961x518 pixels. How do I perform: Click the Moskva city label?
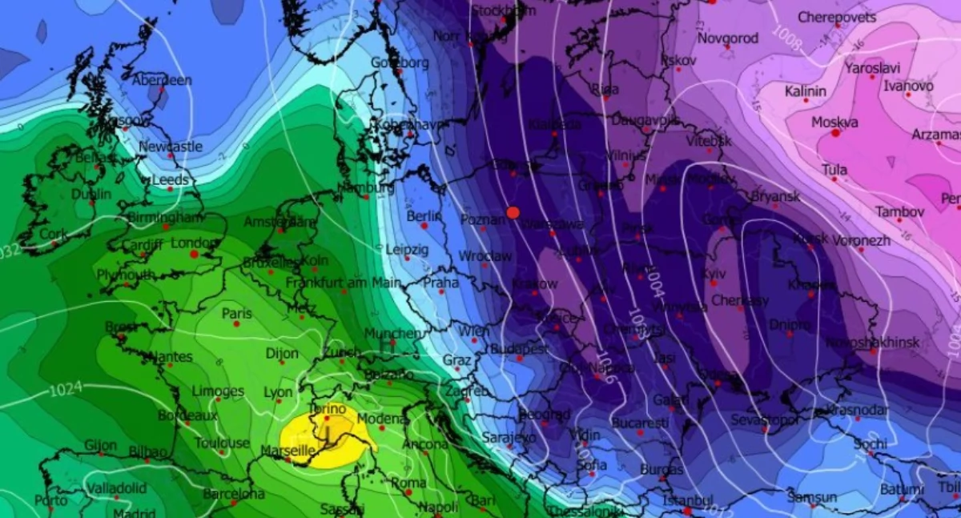834,122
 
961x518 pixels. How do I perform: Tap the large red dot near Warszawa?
513,212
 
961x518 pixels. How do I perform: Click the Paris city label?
236,313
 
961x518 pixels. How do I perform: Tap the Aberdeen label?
162,80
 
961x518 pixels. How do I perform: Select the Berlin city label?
424,216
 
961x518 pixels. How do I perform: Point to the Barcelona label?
233,493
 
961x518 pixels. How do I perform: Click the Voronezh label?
861,239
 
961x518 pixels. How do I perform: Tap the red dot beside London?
194,254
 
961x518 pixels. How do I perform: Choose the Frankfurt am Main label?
344,282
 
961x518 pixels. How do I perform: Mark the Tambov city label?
899,211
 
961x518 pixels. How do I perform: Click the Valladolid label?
116,488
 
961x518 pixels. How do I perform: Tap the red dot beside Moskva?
836,133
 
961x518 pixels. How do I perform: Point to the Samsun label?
812,496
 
